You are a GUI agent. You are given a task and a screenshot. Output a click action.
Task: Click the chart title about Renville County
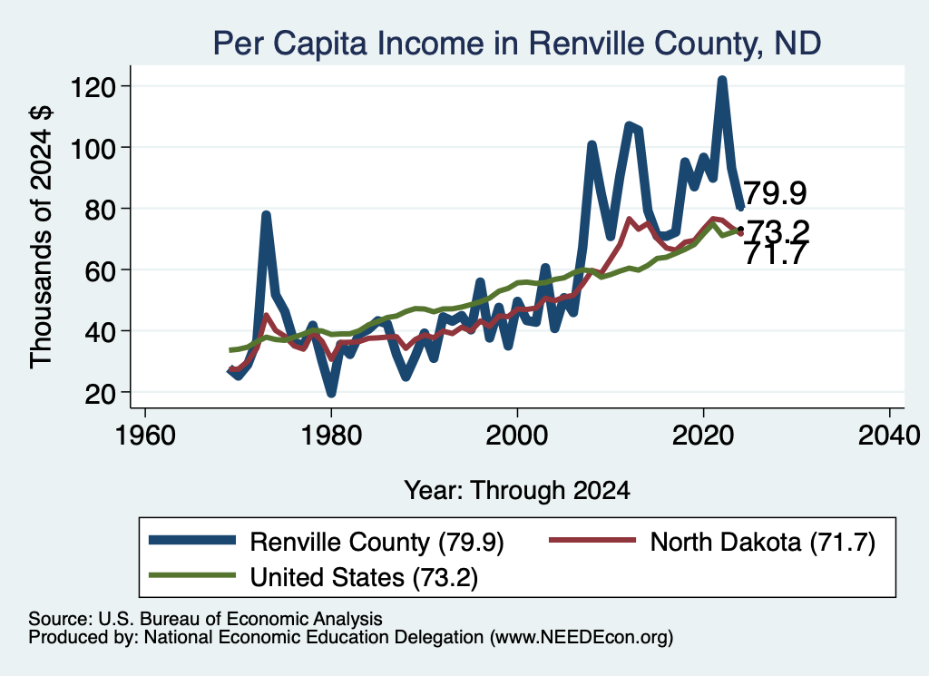coord(516,43)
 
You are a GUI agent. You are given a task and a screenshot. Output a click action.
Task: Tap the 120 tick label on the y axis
coord(93,88)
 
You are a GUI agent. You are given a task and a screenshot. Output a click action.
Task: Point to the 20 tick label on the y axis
coord(100,394)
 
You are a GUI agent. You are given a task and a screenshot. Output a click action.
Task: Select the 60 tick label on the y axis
coord(100,271)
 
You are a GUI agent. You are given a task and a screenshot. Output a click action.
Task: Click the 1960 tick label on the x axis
coord(145,436)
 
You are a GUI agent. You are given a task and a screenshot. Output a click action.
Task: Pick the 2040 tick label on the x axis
coord(889,436)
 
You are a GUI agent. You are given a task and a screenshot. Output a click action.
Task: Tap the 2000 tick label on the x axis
coord(517,436)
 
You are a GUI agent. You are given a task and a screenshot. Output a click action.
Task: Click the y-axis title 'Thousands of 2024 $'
coord(41,238)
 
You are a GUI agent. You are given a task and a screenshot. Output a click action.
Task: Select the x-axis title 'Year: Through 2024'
coord(517,491)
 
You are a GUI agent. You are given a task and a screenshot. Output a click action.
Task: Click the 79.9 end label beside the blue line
coord(775,193)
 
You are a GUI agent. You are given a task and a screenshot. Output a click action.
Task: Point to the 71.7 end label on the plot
coord(775,254)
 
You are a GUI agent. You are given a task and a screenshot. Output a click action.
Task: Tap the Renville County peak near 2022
coord(721,80)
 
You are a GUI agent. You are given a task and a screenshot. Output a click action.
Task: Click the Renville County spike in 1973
coord(266,215)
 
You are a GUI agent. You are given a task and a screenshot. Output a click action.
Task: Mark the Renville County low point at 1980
coord(331,393)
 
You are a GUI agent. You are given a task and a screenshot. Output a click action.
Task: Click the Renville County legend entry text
coord(376,542)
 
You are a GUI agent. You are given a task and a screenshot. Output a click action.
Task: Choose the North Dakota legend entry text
coord(762,542)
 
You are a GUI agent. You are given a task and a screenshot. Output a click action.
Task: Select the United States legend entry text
coord(364,577)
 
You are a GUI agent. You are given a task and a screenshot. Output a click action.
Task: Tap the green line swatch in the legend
coord(192,575)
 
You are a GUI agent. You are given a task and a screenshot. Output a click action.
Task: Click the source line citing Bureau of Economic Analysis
coord(206,619)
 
